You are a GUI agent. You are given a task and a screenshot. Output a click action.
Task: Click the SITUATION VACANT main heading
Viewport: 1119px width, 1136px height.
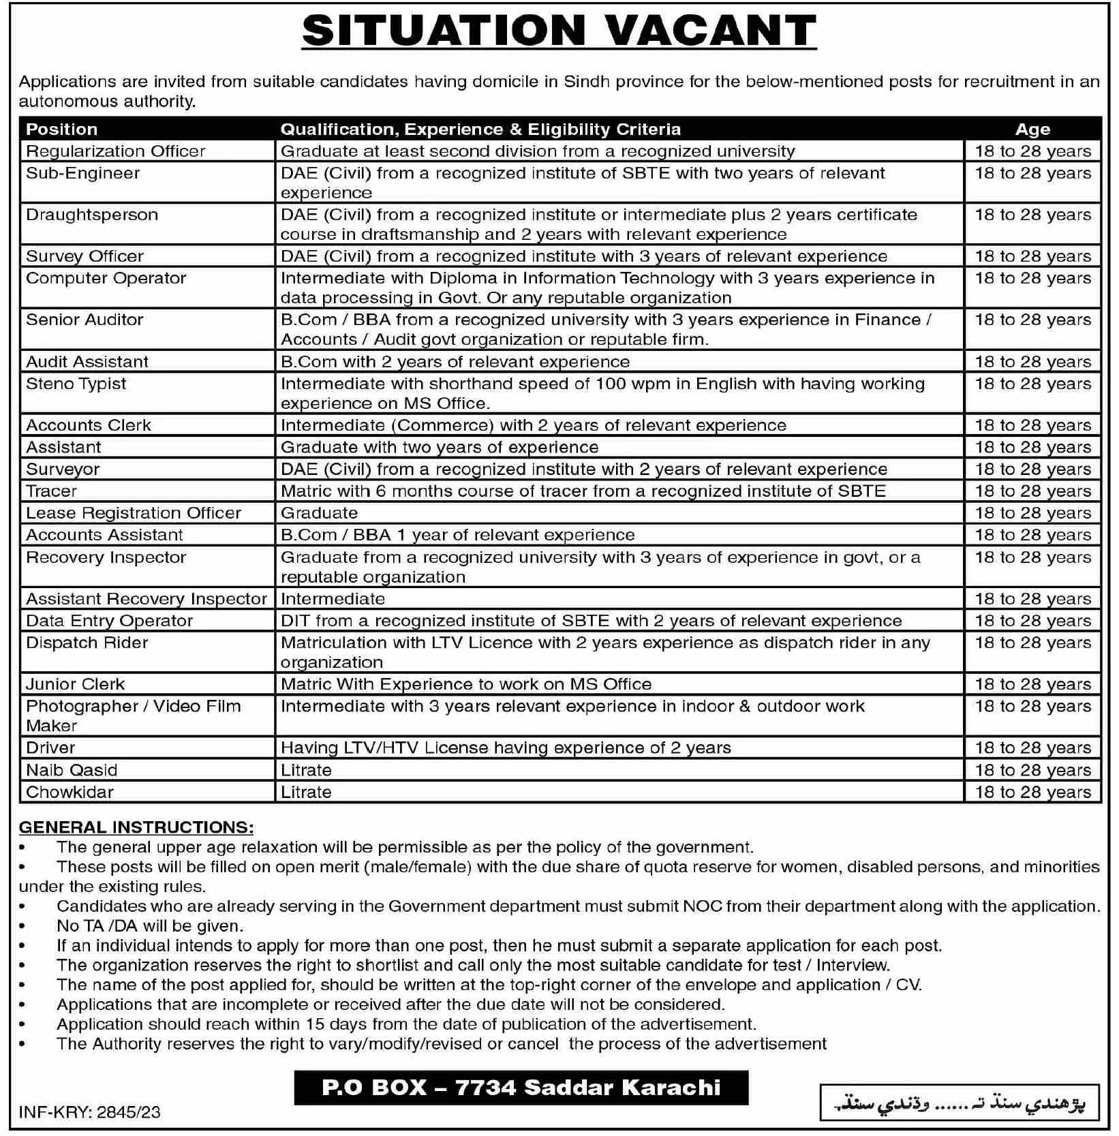click(x=559, y=31)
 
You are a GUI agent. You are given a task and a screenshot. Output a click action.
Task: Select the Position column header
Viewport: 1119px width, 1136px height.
click(x=62, y=129)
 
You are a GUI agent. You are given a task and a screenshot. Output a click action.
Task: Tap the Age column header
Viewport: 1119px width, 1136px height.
click(x=1032, y=129)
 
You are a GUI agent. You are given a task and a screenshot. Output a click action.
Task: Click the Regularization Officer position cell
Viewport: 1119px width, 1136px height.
click(x=116, y=151)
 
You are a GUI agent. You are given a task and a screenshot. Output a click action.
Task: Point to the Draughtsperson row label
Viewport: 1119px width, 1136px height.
click(x=92, y=215)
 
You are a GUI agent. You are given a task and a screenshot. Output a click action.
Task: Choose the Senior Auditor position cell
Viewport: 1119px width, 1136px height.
click(x=85, y=320)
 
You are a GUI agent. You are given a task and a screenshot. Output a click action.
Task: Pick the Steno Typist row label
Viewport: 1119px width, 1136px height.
click(x=76, y=384)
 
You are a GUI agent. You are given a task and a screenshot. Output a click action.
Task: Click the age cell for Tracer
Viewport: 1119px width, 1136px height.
click(x=1032, y=491)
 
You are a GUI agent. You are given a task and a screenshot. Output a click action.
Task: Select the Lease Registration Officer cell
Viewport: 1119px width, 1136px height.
click(x=134, y=513)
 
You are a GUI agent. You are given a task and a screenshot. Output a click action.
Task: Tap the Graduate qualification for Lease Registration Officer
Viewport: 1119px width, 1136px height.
click(x=319, y=513)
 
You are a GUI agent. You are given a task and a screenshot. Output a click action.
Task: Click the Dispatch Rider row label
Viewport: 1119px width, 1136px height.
click(x=87, y=643)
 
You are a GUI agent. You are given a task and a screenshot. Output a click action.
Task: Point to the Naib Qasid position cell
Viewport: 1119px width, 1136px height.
click(x=72, y=770)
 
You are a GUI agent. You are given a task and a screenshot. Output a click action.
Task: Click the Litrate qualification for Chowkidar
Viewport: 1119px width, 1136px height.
click(x=306, y=792)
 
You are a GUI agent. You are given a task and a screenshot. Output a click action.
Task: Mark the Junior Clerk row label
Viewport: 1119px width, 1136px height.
click(x=76, y=684)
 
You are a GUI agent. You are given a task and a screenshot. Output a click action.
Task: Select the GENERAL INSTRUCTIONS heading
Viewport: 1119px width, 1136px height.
click(x=136, y=827)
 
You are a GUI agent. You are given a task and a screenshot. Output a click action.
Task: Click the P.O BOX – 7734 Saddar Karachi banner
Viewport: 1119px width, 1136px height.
click(x=521, y=1087)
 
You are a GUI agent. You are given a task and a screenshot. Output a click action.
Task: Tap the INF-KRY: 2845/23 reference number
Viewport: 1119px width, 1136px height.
click(x=90, y=1112)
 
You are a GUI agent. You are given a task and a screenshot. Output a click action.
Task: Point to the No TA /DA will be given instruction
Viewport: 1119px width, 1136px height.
click(x=150, y=926)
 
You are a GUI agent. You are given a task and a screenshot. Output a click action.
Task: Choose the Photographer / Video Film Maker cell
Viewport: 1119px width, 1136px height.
click(x=134, y=716)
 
